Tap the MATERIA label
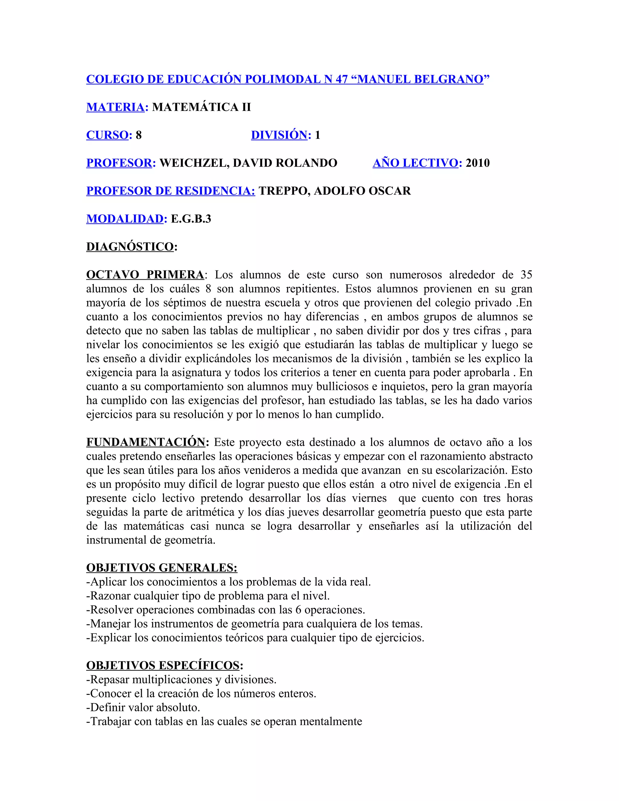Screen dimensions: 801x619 115,107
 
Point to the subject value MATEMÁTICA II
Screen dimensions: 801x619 201,107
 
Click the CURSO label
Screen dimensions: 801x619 107,135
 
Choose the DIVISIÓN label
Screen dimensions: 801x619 279,135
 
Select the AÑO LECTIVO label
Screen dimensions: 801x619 416,163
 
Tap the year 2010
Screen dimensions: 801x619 478,163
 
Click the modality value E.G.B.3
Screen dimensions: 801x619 191,219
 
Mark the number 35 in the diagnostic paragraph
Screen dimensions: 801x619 526,275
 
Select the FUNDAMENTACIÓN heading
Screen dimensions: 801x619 146,442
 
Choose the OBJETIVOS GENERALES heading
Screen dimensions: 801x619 162,568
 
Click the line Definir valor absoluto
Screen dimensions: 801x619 143,708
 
